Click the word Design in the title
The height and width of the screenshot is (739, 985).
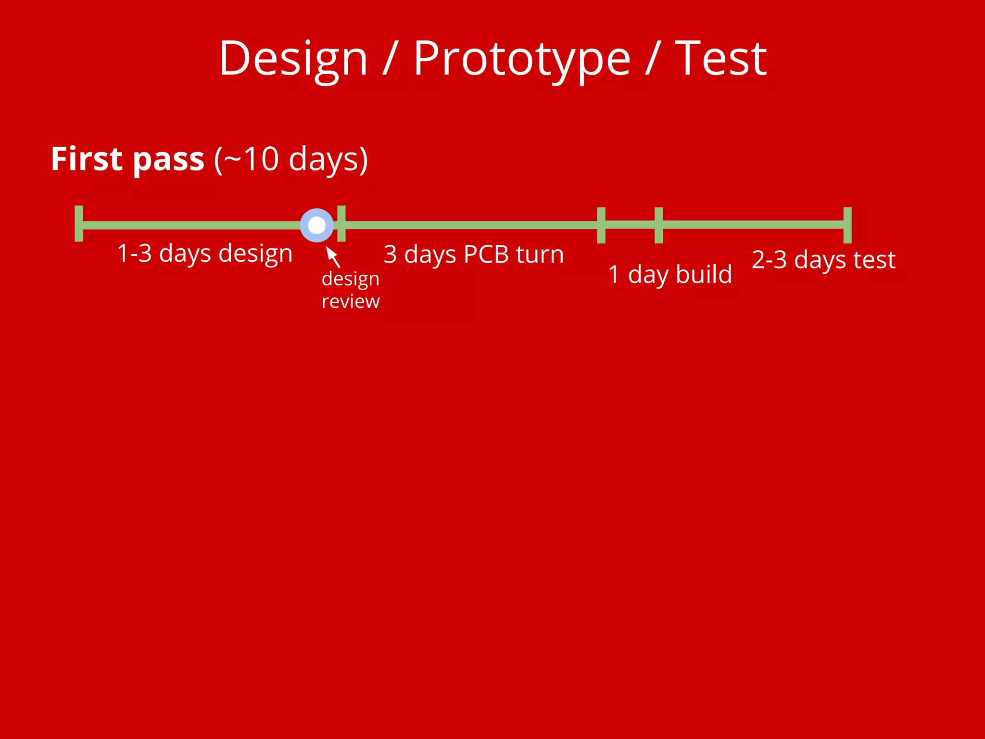(x=293, y=59)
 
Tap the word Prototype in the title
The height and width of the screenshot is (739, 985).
(x=521, y=59)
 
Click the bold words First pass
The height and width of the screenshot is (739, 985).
(x=127, y=159)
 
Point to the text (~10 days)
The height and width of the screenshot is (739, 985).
(x=291, y=159)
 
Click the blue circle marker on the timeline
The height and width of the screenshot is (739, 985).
(x=316, y=225)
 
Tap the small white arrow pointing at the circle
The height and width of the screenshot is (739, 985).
(x=332, y=256)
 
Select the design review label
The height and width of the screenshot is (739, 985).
(x=350, y=290)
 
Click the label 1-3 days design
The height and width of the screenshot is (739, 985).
(x=205, y=254)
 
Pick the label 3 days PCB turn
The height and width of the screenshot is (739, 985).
(x=473, y=255)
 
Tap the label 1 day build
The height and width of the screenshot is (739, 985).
(x=669, y=275)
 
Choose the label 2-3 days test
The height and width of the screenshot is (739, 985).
(x=823, y=260)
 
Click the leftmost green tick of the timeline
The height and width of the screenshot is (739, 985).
(x=79, y=224)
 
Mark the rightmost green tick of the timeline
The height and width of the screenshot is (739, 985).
(x=847, y=225)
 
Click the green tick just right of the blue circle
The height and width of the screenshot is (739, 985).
(x=341, y=224)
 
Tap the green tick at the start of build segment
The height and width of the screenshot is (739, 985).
(x=601, y=225)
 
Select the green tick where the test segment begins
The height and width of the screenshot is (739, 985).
(x=658, y=225)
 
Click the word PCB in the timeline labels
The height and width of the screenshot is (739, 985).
(x=486, y=255)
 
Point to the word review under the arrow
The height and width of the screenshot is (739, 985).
(x=350, y=302)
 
